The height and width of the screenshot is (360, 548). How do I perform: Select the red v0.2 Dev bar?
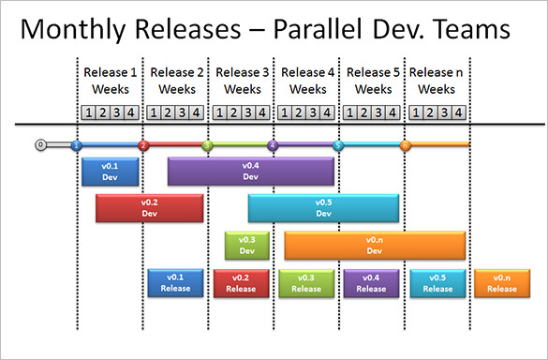point(149,208)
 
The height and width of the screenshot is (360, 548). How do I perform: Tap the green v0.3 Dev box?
point(247,246)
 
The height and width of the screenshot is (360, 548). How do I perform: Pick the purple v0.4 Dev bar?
point(250,171)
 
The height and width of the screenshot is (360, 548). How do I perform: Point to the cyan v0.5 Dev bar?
point(323,208)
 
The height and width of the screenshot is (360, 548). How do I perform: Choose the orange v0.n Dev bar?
point(375,246)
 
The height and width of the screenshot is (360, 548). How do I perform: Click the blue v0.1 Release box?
point(175,282)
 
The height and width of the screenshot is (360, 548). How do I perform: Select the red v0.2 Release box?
point(241,282)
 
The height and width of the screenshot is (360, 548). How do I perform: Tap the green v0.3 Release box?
point(305,282)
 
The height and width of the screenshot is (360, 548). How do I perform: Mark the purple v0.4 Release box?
point(371,282)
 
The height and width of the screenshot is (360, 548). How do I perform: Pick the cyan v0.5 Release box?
point(437,282)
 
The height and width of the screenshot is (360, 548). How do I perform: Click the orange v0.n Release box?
point(502,282)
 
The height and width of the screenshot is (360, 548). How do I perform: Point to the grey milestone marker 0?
point(40,145)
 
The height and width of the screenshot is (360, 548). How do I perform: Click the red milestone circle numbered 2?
point(143,145)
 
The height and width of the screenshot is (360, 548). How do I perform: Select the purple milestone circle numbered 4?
point(273,145)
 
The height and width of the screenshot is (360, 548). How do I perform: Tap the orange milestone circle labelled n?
point(405,145)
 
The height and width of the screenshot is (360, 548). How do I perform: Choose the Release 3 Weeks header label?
point(242,81)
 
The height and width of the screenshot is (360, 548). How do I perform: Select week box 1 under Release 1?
point(89,112)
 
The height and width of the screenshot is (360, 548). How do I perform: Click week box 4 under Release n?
point(457,112)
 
